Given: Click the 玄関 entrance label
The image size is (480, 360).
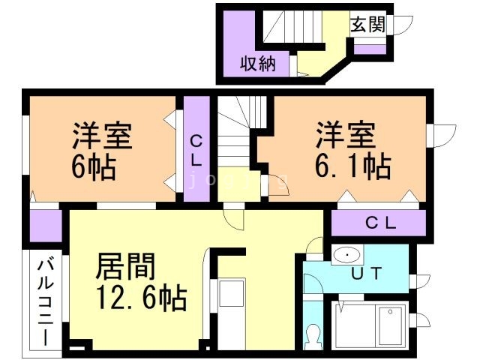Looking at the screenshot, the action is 368,24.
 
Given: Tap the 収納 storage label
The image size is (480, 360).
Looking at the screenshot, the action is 258,64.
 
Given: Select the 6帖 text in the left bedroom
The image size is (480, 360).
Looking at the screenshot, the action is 94,167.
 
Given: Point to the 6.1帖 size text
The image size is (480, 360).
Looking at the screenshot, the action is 353,166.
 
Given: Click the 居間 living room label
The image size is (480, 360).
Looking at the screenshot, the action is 125,266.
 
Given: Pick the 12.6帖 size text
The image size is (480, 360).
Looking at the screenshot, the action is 141,297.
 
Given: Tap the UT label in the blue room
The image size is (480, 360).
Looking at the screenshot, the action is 367,273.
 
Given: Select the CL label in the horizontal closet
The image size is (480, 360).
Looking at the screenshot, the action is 380,223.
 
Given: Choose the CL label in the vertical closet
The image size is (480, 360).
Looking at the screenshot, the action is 196,151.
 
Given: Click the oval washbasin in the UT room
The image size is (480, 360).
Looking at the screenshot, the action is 346,254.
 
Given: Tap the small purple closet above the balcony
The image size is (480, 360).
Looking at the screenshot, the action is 46,226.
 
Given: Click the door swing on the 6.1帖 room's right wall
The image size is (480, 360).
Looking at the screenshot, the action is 444,136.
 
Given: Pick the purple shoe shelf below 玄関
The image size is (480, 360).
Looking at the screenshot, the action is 370,49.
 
